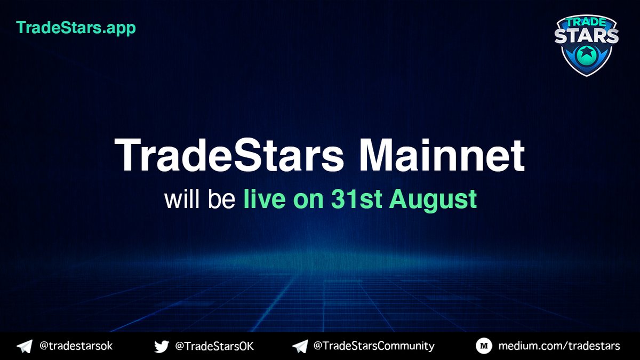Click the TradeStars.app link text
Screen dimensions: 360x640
click(x=76, y=27)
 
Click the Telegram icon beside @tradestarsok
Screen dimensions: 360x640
click(x=25, y=347)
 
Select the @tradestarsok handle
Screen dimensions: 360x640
click(x=76, y=346)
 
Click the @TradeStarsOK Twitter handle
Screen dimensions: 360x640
click(x=214, y=346)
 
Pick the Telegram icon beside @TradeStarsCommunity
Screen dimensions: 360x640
click(x=300, y=347)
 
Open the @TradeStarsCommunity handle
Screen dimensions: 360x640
click(x=373, y=346)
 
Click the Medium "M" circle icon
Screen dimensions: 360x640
click(x=483, y=347)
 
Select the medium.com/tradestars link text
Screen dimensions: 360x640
click(x=559, y=346)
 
